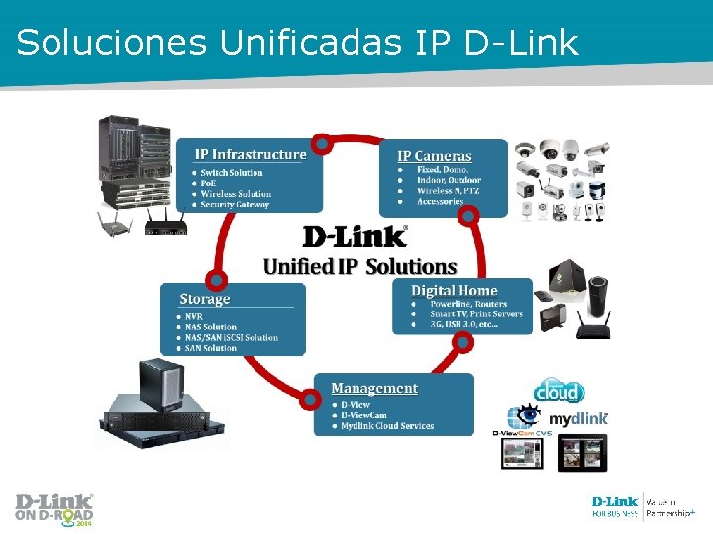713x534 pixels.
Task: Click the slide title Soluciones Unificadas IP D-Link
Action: click(297, 42)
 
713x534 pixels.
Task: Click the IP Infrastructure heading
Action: click(251, 154)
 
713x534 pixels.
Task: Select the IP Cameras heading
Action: click(435, 156)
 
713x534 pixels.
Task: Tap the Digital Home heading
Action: click(455, 291)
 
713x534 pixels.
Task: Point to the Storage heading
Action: click(205, 299)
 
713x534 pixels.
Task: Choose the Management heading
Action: click(374, 389)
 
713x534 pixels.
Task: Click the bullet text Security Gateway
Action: click(235, 205)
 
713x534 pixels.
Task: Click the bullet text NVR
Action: click(194, 316)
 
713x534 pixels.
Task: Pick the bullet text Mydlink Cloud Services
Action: click(387, 426)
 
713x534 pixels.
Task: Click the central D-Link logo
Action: click(355, 237)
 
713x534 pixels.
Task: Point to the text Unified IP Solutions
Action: click(359, 267)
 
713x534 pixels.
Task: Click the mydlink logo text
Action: click(578, 419)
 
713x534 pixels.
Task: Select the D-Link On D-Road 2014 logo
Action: click(54, 508)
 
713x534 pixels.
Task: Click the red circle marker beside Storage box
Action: click(217, 281)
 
